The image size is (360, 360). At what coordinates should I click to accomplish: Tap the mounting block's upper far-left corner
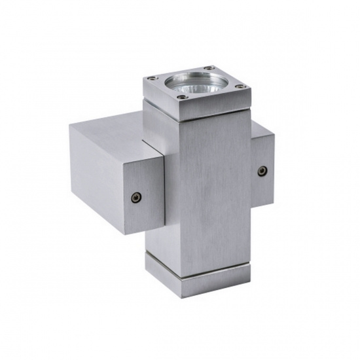coord(70,126)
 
